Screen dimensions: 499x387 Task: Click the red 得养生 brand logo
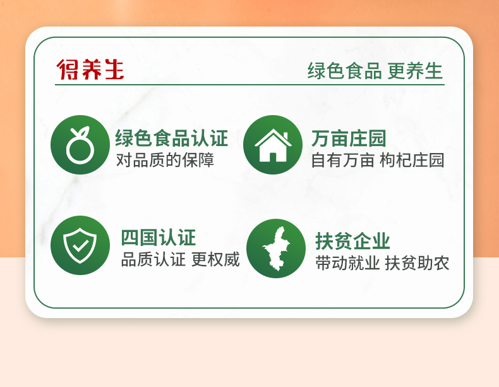pyautogui.click(x=90, y=69)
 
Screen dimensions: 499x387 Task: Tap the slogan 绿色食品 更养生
pyautogui.click(x=375, y=70)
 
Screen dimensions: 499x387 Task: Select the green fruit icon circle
pyautogui.click(x=80, y=145)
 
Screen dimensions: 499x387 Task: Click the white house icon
pyautogui.click(x=273, y=145)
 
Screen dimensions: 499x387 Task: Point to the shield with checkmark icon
pyautogui.click(x=80, y=245)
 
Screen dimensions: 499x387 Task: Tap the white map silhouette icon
pyautogui.click(x=276, y=249)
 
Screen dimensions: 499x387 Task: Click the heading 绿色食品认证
pyautogui.click(x=172, y=138)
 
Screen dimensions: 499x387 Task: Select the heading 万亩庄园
pyautogui.click(x=349, y=138)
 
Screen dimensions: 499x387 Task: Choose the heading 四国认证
pyautogui.click(x=158, y=238)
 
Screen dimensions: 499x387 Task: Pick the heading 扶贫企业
pyautogui.click(x=352, y=241)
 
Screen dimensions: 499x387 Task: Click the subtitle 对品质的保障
pyautogui.click(x=165, y=160)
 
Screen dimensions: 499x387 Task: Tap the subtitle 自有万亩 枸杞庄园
pyautogui.click(x=378, y=160)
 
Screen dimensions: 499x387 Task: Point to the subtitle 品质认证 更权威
pyautogui.click(x=180, y=259)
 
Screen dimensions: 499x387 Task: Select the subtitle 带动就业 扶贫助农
pyautogui.click(x=382, y=263)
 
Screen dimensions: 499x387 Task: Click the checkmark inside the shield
pyautogui.click(x=80, y=245)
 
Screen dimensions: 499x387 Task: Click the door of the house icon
pyautogui.click(x=273, y=157)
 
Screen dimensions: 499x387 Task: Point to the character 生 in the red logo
pyautogui.click(x=114, y=69)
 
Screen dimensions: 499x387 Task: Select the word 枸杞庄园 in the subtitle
pyautogui.click(x=412, y=160)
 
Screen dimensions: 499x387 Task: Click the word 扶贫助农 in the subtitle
pyautogui.click(x=417, y=263)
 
